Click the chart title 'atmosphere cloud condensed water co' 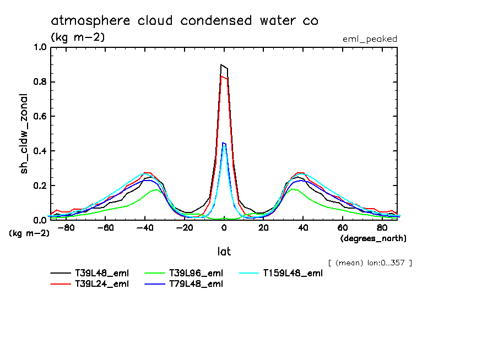(185, 21)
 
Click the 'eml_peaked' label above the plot (370, 39)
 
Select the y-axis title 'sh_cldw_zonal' (25, 134)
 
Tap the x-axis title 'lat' (224, 252)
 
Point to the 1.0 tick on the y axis (40, 47)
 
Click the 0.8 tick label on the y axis (40, 82)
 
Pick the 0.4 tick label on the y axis (40, 151)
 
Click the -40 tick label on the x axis (145, 228)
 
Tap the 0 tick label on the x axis (224, 228)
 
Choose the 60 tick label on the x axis (342, 228)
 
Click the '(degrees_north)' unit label (373, 238)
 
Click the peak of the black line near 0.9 (221, 65)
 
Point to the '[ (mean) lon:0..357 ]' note (370, 263)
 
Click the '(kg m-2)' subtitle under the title (78, 37)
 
